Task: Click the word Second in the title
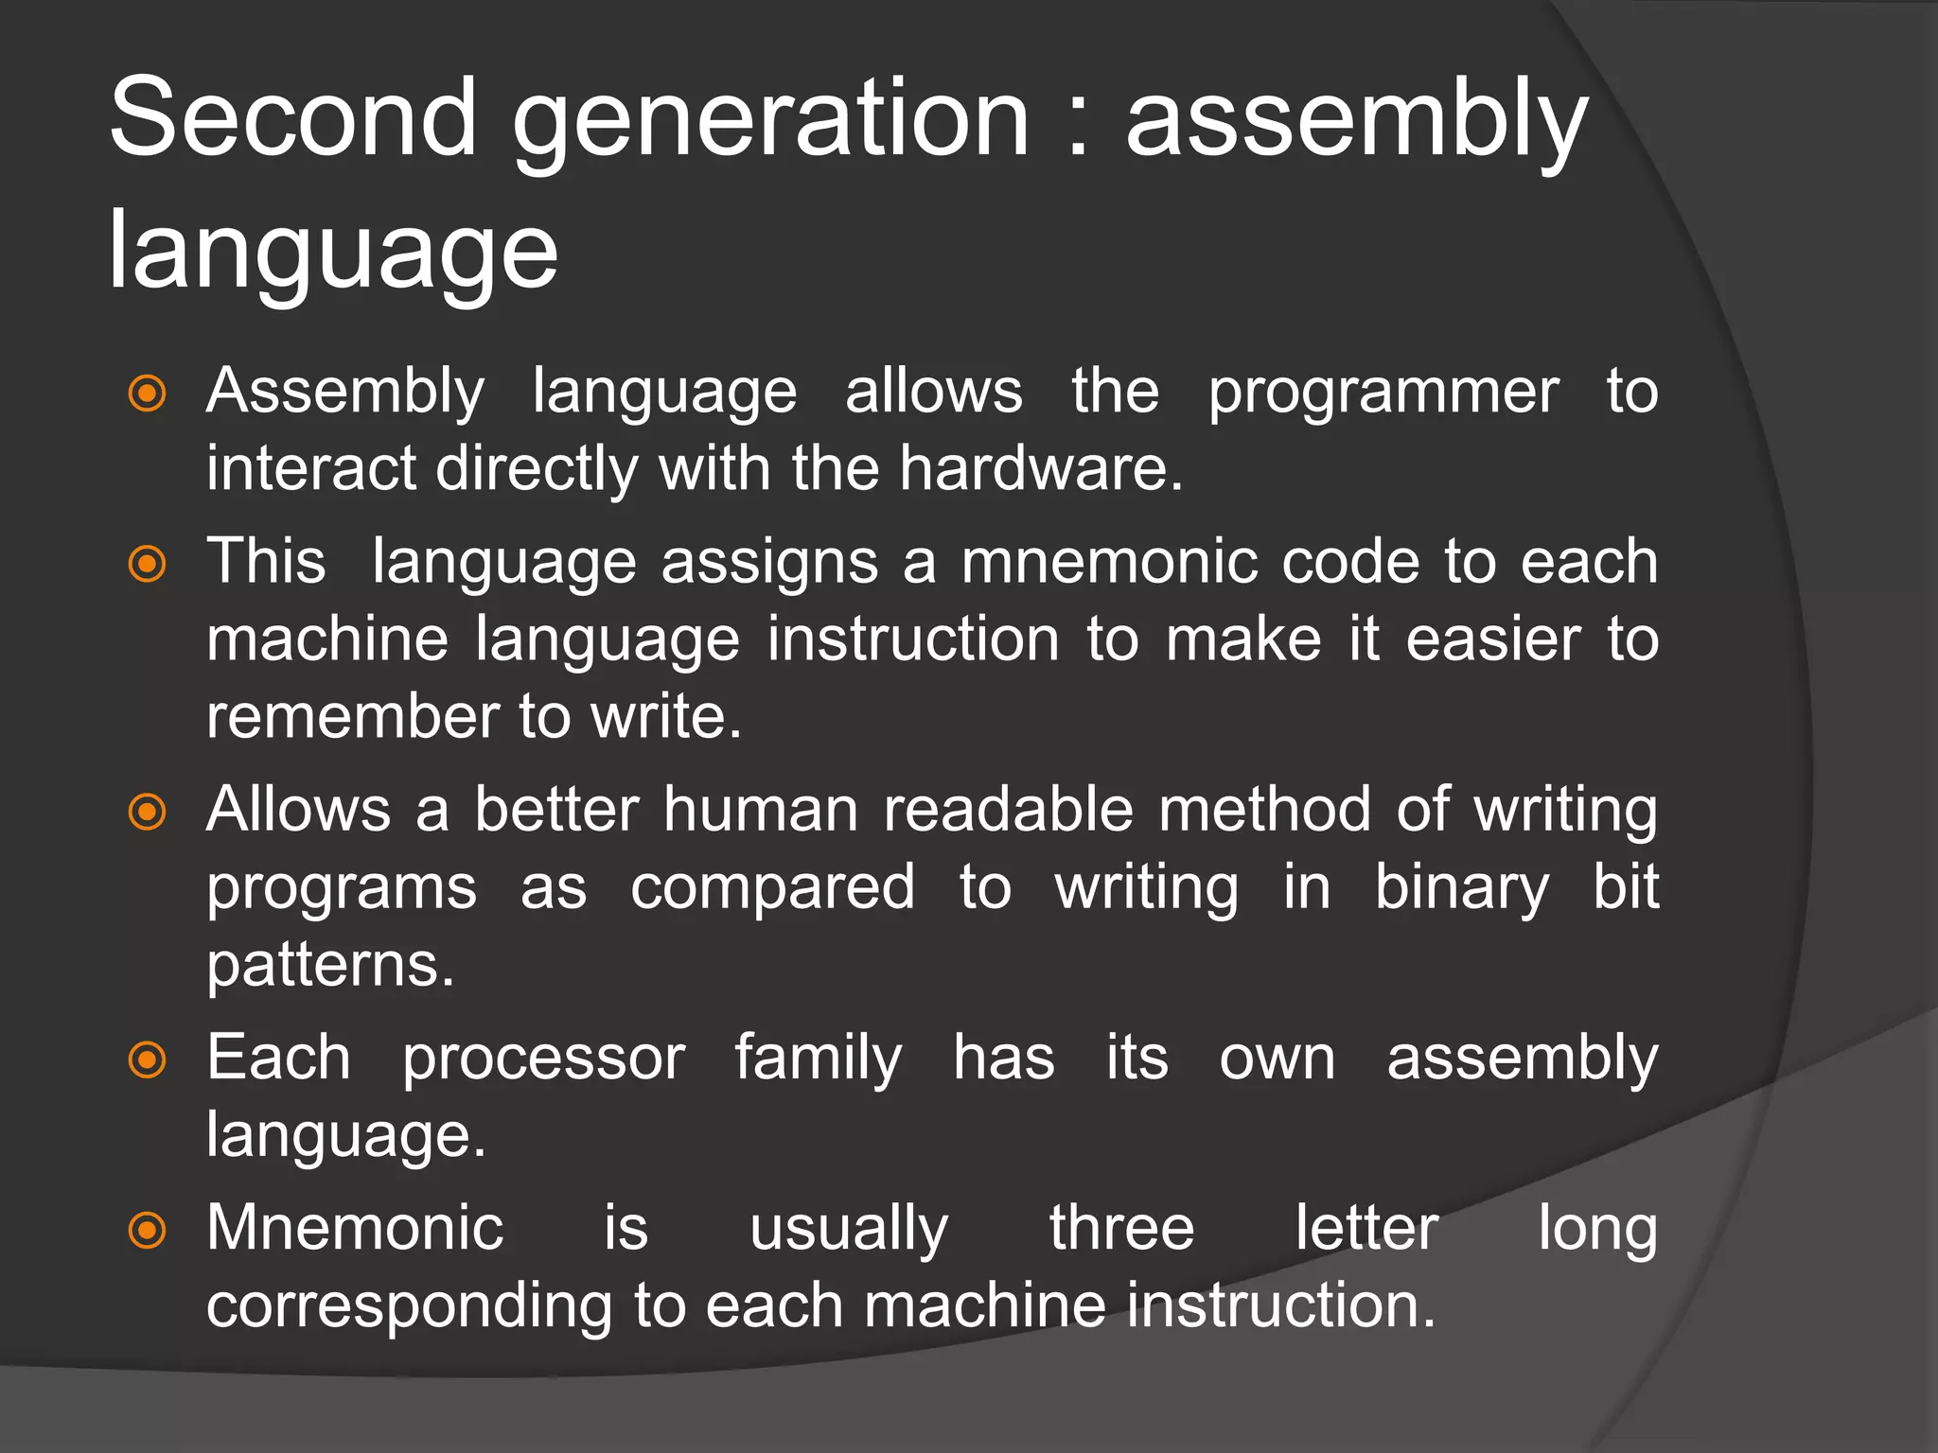tap(293, 118)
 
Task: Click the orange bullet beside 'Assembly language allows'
tap(147, 394)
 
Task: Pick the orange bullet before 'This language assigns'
tap(147, 565)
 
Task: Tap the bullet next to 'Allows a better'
tap(147, 812)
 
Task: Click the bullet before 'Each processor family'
tap(147, 1059)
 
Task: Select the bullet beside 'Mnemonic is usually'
tap(147, 1231)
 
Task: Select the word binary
tap(1461, 889)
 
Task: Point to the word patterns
tap(330, 967)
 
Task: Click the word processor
tap(543, 1059)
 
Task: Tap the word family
tap(818, 1059)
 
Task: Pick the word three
tap(1121, 1229)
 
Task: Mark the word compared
tap(772, 889)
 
